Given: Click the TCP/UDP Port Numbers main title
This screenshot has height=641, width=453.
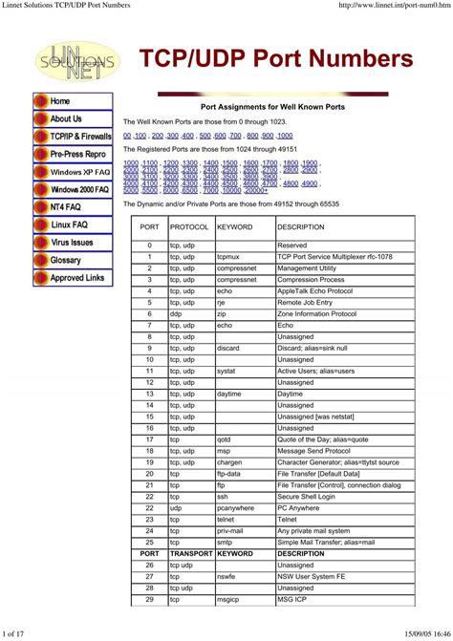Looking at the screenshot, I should click(x=277, y=59).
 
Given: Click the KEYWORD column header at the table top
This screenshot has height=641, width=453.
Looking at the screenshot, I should click(x=234, y=227).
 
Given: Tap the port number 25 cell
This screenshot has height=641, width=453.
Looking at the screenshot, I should click(x=149, y=542).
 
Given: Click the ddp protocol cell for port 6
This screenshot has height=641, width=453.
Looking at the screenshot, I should click(x=176, y=313).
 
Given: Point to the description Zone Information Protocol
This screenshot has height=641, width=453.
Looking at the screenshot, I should click(x=316, y=313).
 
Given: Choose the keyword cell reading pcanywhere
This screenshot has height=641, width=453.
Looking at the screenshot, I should click(x=235, y=507).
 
